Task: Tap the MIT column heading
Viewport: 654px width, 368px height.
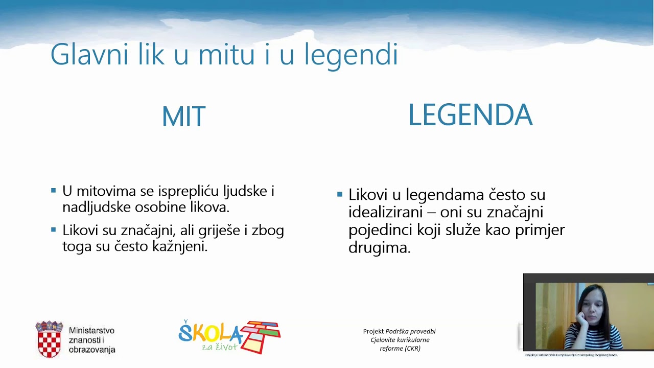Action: point(183,117)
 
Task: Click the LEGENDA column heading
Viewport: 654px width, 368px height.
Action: point(470,115)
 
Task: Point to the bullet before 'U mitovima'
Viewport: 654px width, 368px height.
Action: point(54,191)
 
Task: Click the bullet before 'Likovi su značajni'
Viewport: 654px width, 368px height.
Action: point(54,230)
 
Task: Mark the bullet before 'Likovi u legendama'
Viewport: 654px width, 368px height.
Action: point(340,194)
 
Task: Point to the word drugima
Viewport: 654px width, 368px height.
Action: point(379,248)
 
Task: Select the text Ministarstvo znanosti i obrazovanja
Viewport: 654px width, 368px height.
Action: point(92,340)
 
